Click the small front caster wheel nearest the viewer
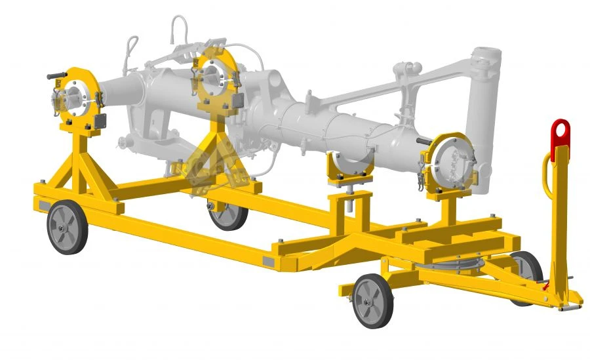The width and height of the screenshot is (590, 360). pyautogui.click(x=373, y=300)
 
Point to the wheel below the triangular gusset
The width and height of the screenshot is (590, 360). pyautogui.click(x=227, y=212)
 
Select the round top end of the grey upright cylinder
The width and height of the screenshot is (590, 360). pyautogui.click(x=487, y=55)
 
